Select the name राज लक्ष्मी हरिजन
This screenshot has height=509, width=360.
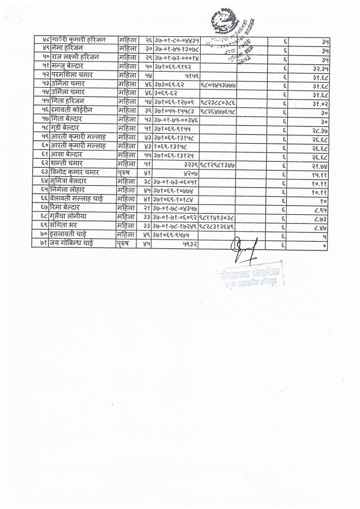click(75, 58)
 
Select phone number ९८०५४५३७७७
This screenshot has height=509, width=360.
click(217, 84)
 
